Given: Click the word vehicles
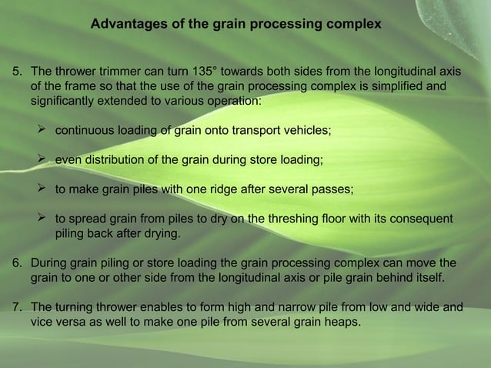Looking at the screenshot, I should [306, 131].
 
